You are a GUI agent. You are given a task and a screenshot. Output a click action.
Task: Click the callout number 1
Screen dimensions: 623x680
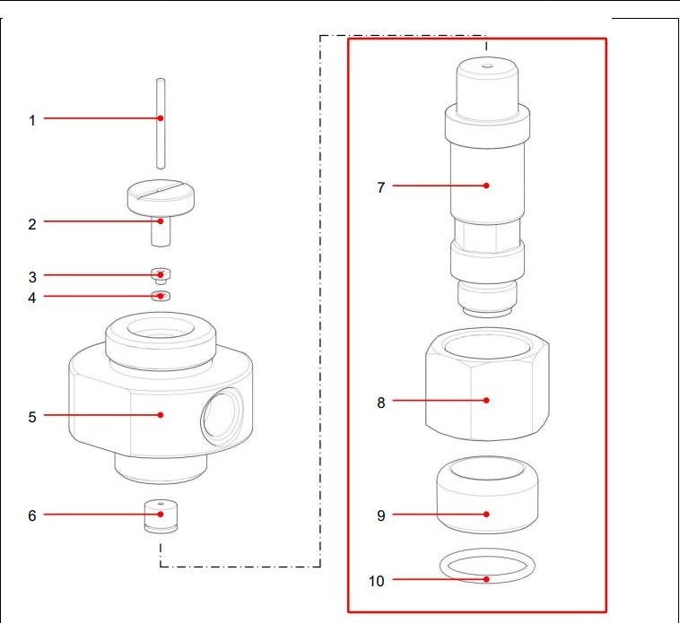pos(32,119)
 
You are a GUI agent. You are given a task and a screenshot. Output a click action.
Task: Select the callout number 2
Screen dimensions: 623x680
pos(32,223)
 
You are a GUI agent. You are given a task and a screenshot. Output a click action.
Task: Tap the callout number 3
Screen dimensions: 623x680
pos(32,276)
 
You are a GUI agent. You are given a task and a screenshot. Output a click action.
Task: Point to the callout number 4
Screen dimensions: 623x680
pos(32,297)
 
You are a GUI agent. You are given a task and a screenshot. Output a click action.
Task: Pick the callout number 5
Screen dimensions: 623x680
pos(32,416)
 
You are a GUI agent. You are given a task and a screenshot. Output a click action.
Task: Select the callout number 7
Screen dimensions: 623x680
pos(380,187)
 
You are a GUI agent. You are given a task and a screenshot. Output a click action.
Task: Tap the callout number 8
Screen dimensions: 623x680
pos(380,402)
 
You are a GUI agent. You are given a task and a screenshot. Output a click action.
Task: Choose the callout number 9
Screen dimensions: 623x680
pos(380,515)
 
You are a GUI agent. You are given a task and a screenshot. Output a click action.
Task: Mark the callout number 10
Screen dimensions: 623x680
pos(376,581)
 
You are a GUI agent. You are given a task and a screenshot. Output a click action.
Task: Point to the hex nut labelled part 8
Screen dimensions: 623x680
pos(484,385)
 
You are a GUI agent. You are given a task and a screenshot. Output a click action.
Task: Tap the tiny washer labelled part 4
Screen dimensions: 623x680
pos(161,296)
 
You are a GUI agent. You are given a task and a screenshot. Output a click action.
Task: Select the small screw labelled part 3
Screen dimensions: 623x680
pos(161,274)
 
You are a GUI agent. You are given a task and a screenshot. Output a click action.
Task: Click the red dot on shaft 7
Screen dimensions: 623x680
pos(485,186)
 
